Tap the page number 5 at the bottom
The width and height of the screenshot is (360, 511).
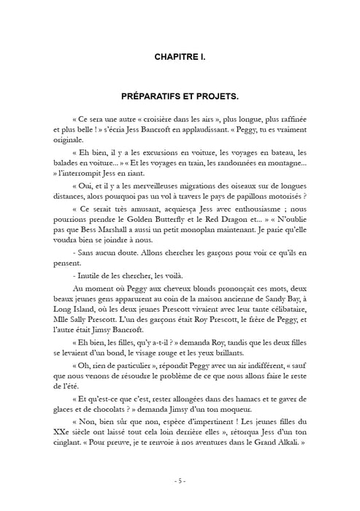tap(180, 481)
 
